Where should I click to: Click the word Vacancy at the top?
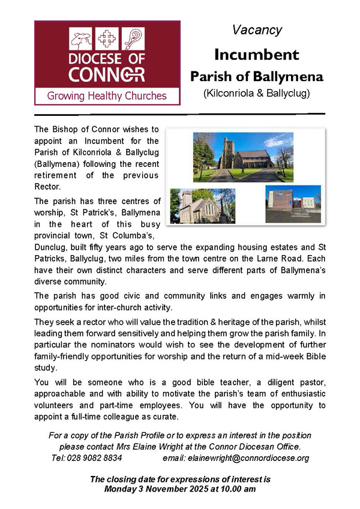click(x=257, y=30)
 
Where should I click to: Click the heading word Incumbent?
click(x=257, y=55)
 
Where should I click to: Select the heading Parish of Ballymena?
click(x=257, y=77)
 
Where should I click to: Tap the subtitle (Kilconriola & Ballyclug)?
click(x=257, y=94)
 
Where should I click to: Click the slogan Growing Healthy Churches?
click(x=107, y=95)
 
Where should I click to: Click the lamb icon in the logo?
click(x=80, y=40)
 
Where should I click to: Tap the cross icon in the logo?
click(x=107, y=40)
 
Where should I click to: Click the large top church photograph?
click(x=242, y=158)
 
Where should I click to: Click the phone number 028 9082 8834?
click(x=98, y=457)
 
